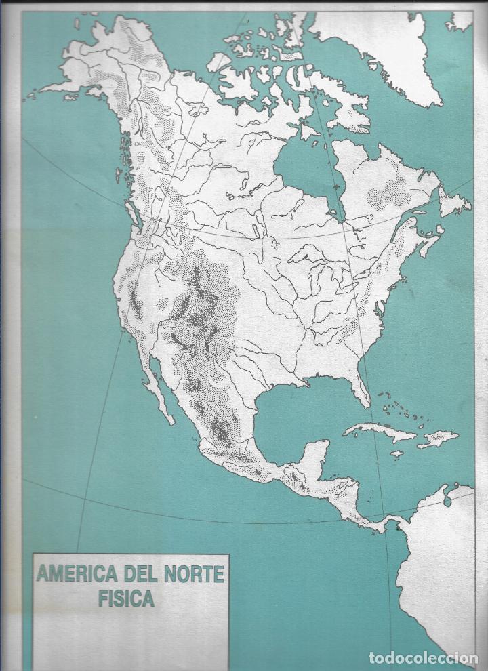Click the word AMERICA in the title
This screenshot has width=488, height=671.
click(x=75, y=575)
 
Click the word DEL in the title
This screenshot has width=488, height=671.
click(x=140, y=575)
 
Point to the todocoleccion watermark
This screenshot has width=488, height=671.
click(x=423, y=657)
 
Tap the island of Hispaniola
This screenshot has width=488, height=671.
click(x=437, y=439)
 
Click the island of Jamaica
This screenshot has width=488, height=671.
click(x=397, y=453)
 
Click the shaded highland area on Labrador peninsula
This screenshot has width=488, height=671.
click(x=389, y=193)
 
